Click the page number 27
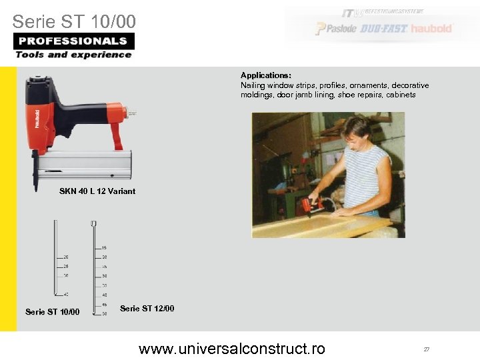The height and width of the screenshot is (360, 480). click(x=426, y=349)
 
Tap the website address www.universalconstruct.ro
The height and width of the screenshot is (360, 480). click(x=231, y=348)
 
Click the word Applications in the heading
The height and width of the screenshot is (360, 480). click(x=265, y=76)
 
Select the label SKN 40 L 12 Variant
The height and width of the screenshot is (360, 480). click(x=97, y=191)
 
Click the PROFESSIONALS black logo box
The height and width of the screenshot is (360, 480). click(x=73, y=41)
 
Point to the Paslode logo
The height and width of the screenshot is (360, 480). click(x=337, y=29)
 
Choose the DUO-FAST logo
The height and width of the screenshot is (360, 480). click(x=384, y=29)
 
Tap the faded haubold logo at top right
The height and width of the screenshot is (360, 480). click(x=431, y=29)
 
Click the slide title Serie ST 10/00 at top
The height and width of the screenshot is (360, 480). click(x=73, y=21)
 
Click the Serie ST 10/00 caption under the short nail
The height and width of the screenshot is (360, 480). click(x=52, y=311)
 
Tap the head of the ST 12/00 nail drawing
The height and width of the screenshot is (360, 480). click(x=94, y=223)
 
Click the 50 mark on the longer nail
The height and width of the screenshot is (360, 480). click(x=105, y=313)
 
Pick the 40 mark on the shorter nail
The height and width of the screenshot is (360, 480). click(x=66, y=294)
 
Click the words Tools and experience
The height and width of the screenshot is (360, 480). click(x=73, y=55)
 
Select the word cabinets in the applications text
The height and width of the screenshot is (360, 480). click(x=401, y=95)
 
